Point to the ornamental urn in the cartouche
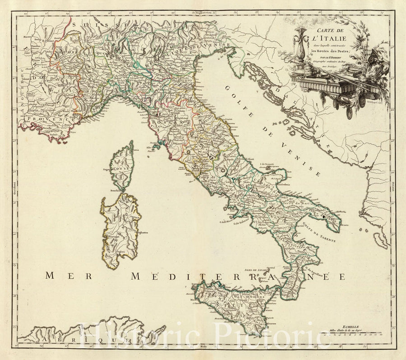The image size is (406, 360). pos(300,45)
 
